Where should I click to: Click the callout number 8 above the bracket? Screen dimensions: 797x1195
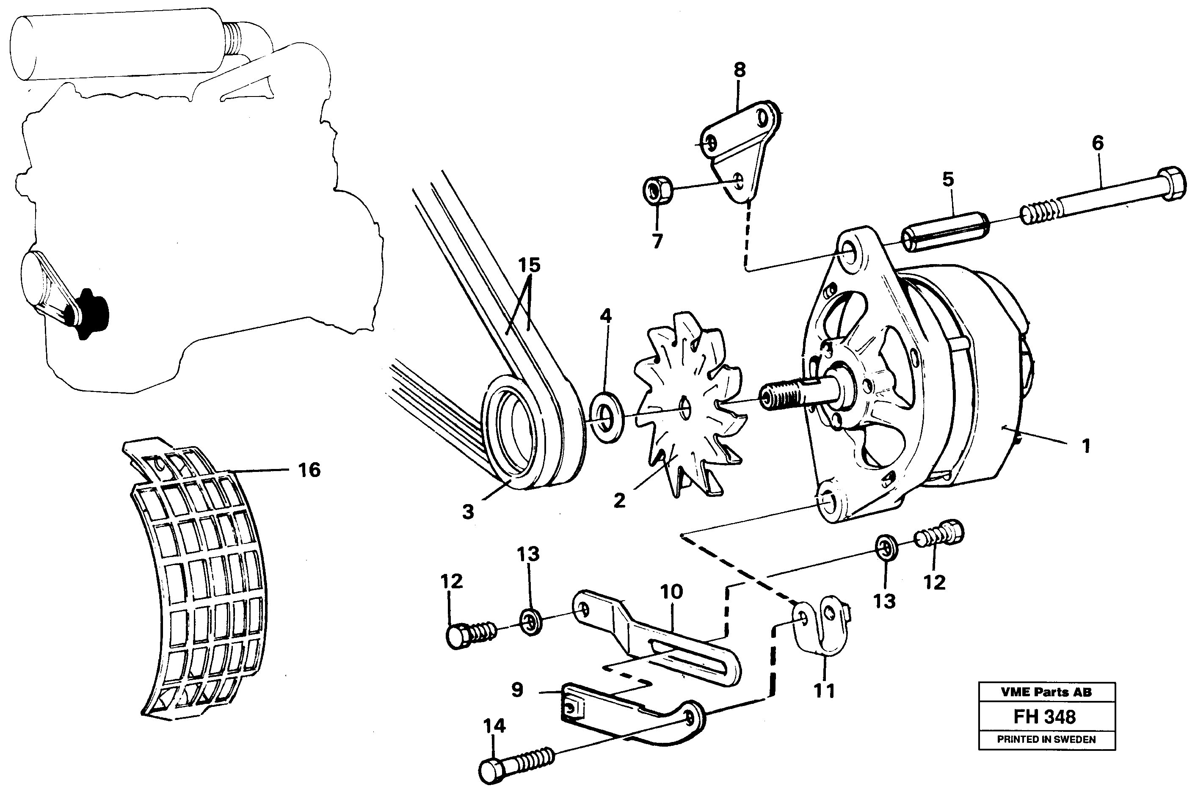[740, 70]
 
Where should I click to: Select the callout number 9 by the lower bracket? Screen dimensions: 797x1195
[517, 690]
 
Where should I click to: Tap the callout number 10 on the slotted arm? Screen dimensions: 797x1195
[671, 591]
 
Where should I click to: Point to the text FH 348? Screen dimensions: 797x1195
[1045, 717]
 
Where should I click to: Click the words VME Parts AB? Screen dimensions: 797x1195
[1046, 692]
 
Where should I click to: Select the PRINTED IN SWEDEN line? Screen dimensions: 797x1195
[1046, 739]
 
